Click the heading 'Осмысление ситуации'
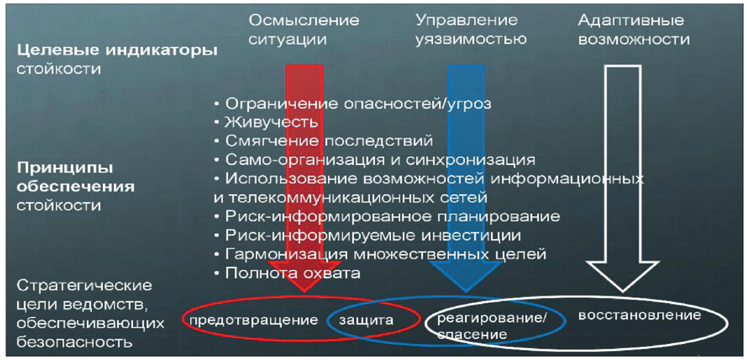[304, 29]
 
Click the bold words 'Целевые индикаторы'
[117, 50]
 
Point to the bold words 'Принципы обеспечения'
[75, 178]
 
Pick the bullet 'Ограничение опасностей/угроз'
[357, 104]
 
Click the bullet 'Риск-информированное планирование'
[392, 217]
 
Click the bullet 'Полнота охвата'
[292, 273]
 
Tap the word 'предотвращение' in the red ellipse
[250, 321]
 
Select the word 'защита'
[367, 321]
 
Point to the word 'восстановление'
[639, 315]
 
